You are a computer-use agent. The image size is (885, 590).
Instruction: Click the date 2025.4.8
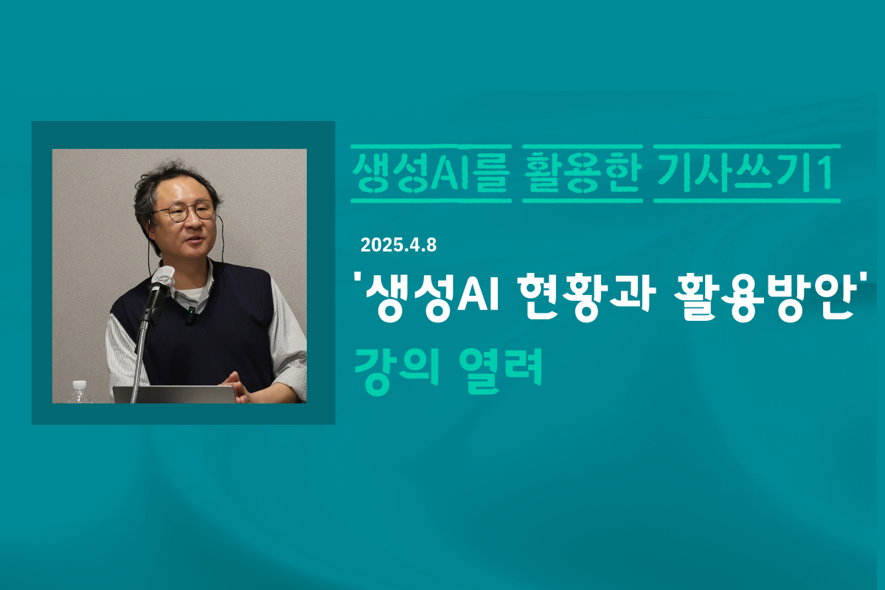point(398,246)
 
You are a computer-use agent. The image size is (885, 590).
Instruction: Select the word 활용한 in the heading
point(583,174)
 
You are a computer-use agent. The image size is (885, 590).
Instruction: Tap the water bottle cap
point(80,384)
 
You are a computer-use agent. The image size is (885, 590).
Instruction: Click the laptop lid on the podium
point(174,395)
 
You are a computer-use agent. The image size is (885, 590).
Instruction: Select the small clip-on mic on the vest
point(191,315)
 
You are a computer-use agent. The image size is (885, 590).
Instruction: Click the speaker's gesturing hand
point(235,387)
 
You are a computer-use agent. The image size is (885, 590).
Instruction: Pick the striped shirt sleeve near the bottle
point(123,360)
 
